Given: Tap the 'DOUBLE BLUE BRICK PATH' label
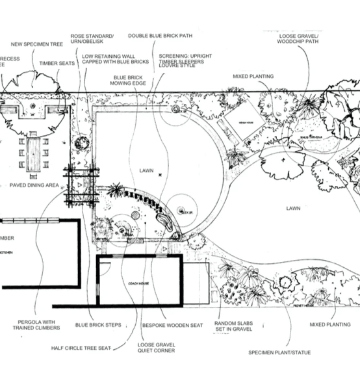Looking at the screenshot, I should [x=160, y=36].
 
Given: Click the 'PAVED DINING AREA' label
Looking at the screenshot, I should [x=34, y=185].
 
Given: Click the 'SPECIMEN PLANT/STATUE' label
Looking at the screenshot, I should [x=279, y=354].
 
